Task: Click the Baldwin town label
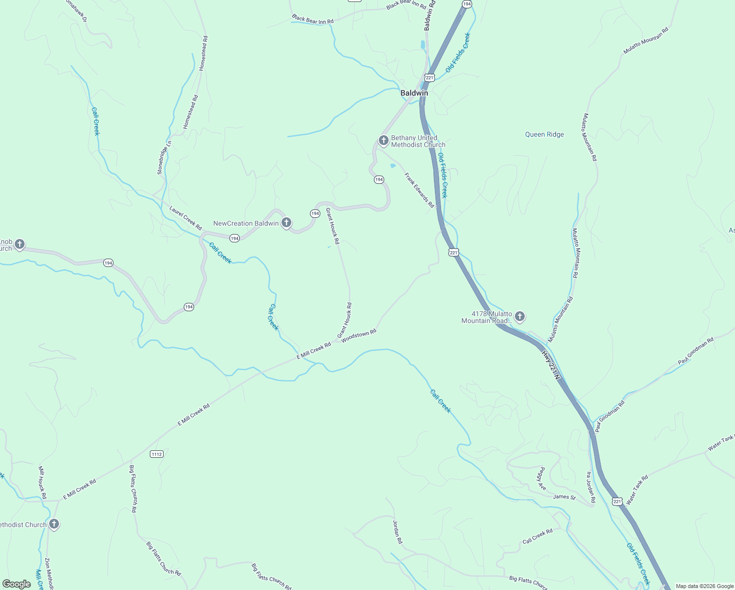(x=414, y=93)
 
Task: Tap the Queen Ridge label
(x=544, y=135)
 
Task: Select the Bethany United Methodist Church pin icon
(x=383, y=141)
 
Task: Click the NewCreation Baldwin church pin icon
(x=286, y=223)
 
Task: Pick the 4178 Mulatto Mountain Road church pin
(x=520, y=317)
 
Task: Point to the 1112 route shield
(x=157, y=454)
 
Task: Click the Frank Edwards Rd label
(x=420, y=190)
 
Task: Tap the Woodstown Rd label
(x=359, y=336)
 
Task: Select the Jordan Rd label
(x=397, y=531)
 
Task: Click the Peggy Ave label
(x=541, y=478)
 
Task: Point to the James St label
(x=564, y=497)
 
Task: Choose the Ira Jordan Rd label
(x=591, y=487)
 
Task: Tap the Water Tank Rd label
(x=637, y=490)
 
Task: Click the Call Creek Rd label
(x=537, y=536)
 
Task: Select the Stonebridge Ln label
(x=164, y=157)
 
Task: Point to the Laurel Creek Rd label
(x=186, y=218)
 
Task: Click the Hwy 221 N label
(x=551, y=364)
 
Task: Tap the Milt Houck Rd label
(x=42, y=482)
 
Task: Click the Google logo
(x=17, y=584)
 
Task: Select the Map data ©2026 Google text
(x=704, y=586)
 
